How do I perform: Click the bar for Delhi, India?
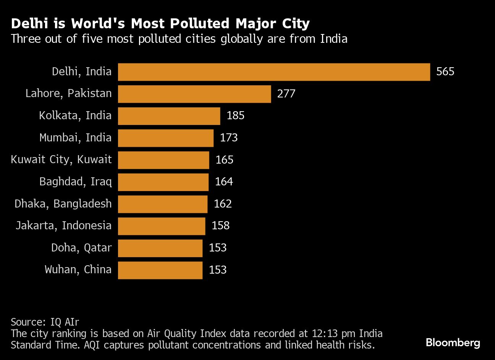pos(274,72)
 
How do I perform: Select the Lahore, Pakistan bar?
pos(194,94)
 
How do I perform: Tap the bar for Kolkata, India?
pos(169,116)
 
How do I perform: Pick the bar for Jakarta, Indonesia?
pos(162,226)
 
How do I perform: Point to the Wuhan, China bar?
pos(160,270)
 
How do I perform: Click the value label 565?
pos(445,72)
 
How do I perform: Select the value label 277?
pos(286,94)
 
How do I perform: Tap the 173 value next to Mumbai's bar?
pos(229,138)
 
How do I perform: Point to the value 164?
pos(224,182)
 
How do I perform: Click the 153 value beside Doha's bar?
pos(218,248)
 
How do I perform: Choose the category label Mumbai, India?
pos(75,138)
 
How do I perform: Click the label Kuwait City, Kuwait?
pos(61,159)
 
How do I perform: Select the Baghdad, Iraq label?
pos(75,182)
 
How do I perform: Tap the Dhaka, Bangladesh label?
pos(63,204)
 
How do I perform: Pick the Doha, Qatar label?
pos(81,248)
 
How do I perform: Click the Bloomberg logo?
pos(453,342)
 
